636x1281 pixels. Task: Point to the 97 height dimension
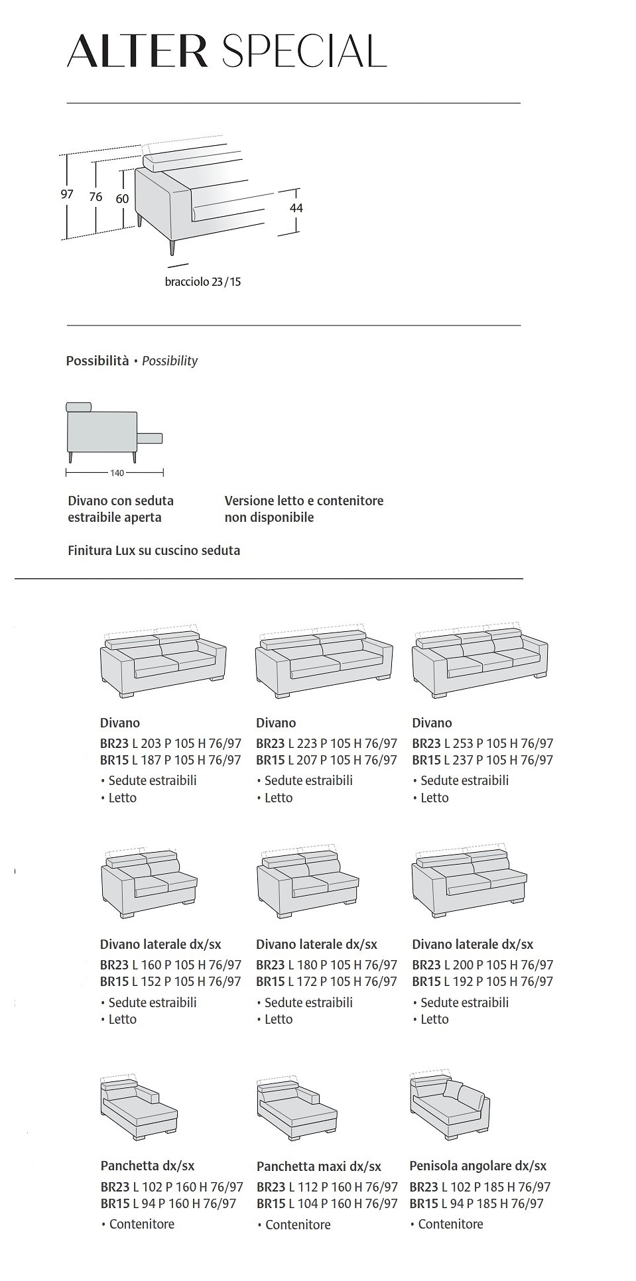(67, 194)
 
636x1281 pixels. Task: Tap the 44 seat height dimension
(296, 208)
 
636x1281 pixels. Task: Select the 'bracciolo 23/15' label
(203, 282)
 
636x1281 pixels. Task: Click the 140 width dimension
(117, 473)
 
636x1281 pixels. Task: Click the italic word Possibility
(170, 361)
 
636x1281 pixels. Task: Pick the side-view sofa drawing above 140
(113, 431)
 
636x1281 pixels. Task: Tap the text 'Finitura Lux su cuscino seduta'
(154, 550)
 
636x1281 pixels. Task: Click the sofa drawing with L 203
(162, 661)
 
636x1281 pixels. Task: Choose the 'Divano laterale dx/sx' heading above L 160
(160, 944)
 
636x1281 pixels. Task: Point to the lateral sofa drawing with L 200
(470, 883)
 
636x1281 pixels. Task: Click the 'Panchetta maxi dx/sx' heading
(318, 1166)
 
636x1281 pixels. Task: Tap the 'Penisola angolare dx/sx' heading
(477, 1166)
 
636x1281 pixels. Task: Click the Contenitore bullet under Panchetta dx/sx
(141, 1224)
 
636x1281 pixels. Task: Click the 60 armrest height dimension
(122, 199)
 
